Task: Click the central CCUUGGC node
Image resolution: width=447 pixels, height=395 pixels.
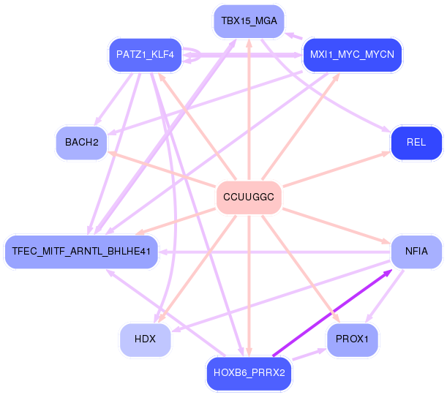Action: pyautogui.click(x=249, y=197)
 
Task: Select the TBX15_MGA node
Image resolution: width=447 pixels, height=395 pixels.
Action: pyautogui.click(x=249, y=21)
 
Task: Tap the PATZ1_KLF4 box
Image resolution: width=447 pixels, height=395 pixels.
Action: pyautogui.click(x=145, y=55)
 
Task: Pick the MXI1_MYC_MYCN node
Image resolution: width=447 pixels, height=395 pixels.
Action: pyautogui.click(x=353, y=55)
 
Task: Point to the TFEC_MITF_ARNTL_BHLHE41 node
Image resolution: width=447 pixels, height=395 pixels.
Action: pyautogui.click(x=81, y=252)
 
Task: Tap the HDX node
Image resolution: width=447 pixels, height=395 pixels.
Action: pyautogui.click(x=146, y=339)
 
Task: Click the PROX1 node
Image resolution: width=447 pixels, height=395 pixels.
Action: pyautogui.click(x=353, y=339)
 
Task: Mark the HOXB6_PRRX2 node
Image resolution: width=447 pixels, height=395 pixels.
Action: pyautogui.click(x=249, y=373)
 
